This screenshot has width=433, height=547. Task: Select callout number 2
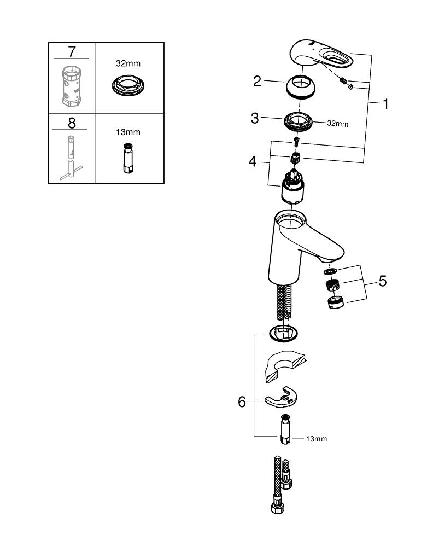click(x=257, y=82)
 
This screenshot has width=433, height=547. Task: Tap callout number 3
click(x=255, y=118)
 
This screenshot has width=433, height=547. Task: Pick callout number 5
click(x=382, y=281)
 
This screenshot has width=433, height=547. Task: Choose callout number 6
click(x=242, y=402)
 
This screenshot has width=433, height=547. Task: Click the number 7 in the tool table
click(x=72, y=52)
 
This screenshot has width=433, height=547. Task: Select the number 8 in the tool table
click(x=72, y=122)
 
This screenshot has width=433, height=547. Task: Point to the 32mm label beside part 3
click(x=337, y=124)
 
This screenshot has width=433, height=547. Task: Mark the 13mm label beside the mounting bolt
click(x=317, y=439)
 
